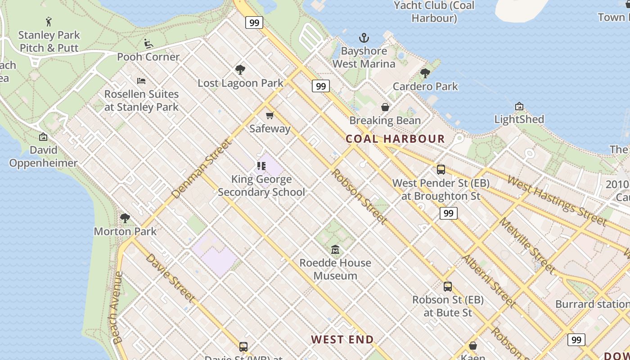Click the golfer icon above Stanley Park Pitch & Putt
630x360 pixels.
[x=49, y=21]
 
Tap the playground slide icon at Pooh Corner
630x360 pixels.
[x=148, y=43]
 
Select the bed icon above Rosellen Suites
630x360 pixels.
[x=141, y=81]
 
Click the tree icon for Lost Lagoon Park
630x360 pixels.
[x=240, y=69]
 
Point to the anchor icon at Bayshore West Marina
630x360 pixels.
[x=364, y=38]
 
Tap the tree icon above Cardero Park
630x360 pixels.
[x=425, y=73]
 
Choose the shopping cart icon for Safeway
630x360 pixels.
[x=270, y=116]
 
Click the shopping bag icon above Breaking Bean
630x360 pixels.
[x=385, y=107]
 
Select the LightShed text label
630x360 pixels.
[x=519, y=119]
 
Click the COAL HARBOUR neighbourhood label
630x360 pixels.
[x=395, y=139]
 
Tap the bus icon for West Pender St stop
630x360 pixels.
[x=441, y=170]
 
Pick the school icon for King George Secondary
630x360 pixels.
[x=261, y=166]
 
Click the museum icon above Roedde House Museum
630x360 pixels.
[x=335, y=250]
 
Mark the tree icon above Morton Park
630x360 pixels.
[x=125, y=218]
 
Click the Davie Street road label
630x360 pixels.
[x=170, y=278]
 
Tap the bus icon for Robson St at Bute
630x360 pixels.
[x=448, y=287]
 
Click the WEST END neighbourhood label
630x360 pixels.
[x=342, y=339]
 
